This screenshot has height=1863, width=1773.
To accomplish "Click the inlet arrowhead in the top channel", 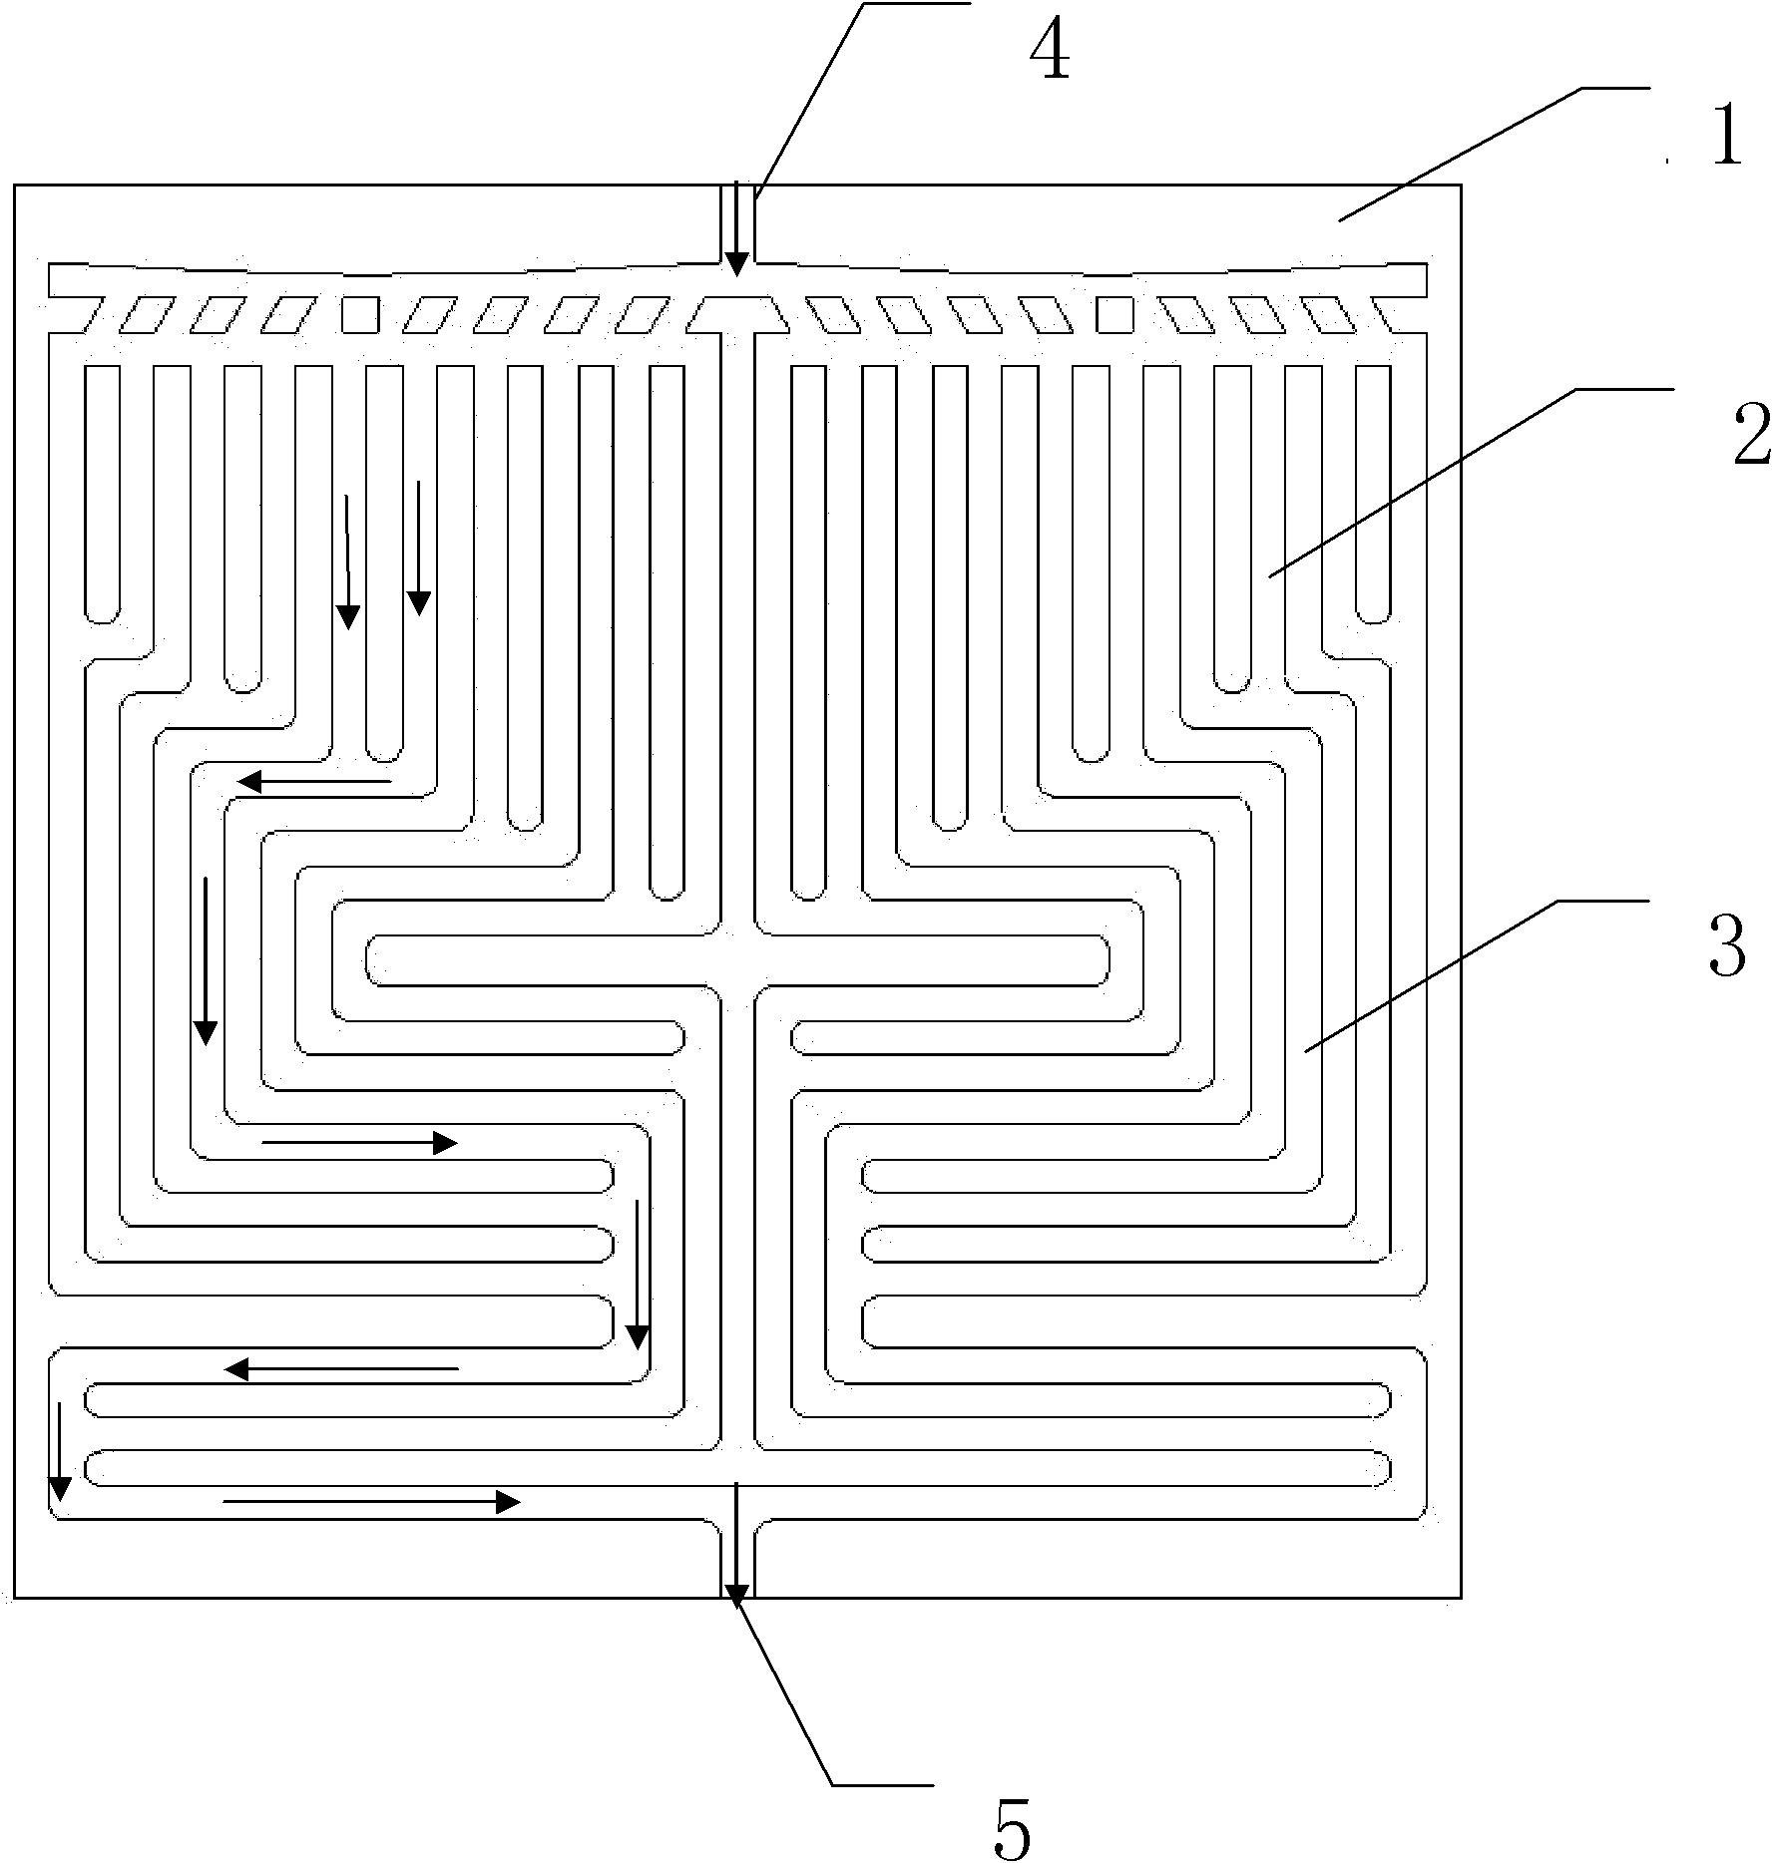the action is (736, 264).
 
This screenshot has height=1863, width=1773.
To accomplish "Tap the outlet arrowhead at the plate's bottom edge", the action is (736, 1597).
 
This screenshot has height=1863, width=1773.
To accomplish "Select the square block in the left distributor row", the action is (360, 314).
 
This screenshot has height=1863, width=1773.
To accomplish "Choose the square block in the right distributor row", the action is (1114, 314).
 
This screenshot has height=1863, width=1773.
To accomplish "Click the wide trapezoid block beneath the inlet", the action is (736, 314).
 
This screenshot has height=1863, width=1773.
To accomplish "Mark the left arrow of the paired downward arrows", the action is (347, 561).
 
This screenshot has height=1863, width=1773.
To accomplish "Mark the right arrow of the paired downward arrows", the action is (419, 548).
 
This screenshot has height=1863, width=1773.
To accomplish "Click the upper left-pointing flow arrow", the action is (313, 782).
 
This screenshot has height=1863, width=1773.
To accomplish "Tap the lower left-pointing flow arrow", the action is (340, 1369).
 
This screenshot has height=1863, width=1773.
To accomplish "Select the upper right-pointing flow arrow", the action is (359, 1143).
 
